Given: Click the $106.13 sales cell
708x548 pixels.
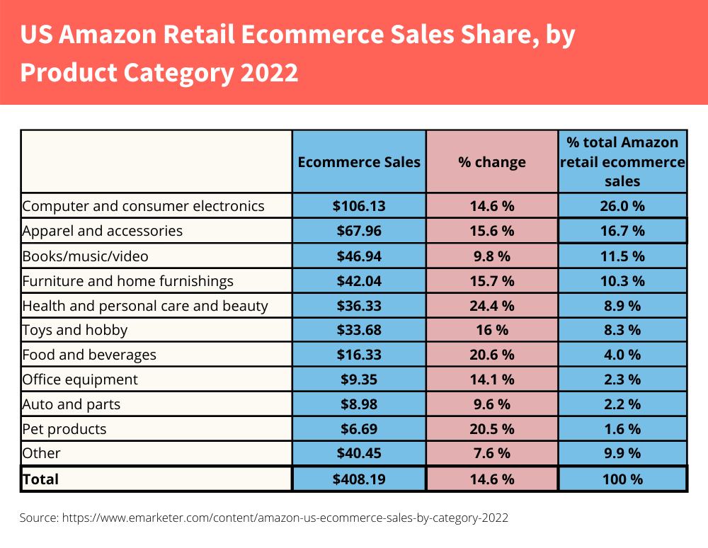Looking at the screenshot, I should [x=359, y=206].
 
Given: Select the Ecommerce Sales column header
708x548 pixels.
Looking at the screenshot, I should [x=359, y=162].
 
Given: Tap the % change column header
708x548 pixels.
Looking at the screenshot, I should [x=492, y=162].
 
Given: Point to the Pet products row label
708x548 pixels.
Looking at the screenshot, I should [x=64, y=429].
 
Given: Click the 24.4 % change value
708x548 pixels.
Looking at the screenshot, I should [x=492, y=306].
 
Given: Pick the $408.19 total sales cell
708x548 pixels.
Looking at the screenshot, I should [x=359, y=479].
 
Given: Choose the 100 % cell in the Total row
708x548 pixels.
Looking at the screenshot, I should [x=623, y=479].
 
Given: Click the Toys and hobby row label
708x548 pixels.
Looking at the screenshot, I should [x=75, y=330].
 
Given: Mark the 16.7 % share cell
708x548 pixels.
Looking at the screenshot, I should [x=623, y=231].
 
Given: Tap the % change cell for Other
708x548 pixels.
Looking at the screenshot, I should [x=492, y=453].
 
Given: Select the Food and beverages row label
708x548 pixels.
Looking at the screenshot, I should [x=89, y=355].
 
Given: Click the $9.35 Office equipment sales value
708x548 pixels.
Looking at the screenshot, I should [x=359, y=379].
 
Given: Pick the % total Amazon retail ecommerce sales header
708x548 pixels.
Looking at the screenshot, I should [x=623, y=162].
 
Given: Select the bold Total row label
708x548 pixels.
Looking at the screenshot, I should [x=41, y=479].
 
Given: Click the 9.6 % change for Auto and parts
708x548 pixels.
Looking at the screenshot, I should [x=492, y=404].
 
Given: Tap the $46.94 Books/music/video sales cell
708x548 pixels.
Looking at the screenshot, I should [x=359, y=256].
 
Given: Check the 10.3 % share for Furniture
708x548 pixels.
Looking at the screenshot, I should [x=623, y=281].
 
